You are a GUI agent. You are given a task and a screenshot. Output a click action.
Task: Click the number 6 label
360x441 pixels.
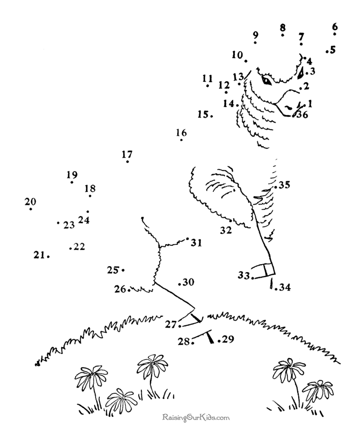click(x=335, y=27)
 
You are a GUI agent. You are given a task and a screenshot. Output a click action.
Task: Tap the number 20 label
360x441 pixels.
click(x=30, y=202)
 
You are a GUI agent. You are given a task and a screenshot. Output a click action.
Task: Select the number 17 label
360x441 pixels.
click(x=127, y=154)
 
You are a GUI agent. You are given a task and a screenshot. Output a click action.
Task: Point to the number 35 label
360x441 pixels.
click(x=284, y=185)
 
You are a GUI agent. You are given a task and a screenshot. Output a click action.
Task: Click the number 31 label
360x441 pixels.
click(x=197, y=243)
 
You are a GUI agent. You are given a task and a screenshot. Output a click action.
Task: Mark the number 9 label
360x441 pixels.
click(x=255, y=35)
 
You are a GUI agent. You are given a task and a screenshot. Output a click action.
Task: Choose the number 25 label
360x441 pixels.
click(x=113, y=270)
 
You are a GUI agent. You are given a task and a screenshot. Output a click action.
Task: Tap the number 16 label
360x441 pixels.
click(x=182, y=132)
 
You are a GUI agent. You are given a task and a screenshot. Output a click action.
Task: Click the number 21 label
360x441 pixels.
click(x=39, y=255)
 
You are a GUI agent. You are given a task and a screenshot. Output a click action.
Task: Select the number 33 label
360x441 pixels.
click(x=244, y=275)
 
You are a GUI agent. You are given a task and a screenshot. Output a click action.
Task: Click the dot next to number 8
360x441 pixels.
click(x=283, y=35)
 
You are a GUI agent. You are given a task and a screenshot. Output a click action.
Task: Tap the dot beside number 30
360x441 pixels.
click(x=179, y=284)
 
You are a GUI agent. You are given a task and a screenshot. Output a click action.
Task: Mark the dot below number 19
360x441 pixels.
click(x=72, y=182)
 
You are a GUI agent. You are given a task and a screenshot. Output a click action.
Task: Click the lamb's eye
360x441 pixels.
click(x=267, y=81)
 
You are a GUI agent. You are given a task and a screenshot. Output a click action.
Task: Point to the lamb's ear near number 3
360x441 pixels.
click(x=300, y=73)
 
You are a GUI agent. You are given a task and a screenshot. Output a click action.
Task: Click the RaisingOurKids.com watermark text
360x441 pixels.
click(x=196, y=418)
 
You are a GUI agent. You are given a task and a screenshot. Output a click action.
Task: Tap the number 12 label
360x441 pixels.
click(x=224, y=85)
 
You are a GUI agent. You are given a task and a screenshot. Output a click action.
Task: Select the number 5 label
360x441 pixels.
click(x=333, y=50)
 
